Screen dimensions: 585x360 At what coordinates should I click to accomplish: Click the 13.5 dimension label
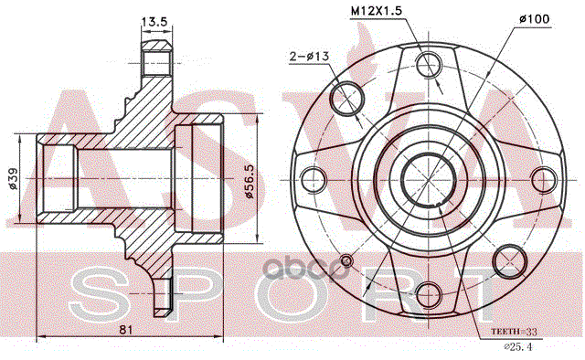(x=154, y=21)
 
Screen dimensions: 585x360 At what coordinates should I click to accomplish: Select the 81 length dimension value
(x=126, y=330)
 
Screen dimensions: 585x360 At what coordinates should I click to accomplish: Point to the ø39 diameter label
(x=13, y=179)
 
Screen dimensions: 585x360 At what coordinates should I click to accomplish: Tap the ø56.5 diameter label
(x=249, y=181)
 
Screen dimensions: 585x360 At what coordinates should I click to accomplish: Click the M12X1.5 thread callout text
(x=376, y=11)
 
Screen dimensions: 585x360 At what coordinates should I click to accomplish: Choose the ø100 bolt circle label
(x=534, y=18)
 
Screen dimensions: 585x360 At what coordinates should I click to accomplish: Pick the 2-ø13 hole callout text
(x=309, y=57)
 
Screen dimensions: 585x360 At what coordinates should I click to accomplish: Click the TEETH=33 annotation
(x=514, y=332)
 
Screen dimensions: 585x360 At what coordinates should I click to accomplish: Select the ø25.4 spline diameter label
(x=518, y=347)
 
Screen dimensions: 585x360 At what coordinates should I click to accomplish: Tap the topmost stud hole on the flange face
(x=429, y=65)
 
